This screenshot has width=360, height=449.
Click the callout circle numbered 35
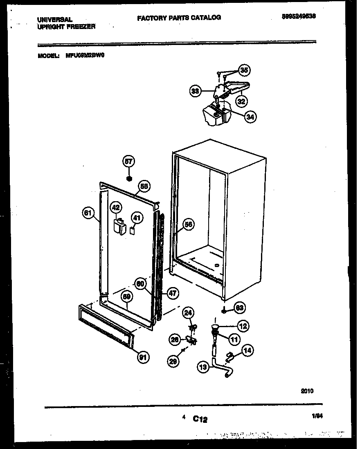pos(244,70)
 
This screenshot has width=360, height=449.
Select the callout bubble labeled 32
pos(242,100)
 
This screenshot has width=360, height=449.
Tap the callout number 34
pos(250,117)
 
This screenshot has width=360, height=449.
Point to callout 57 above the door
pos(129,162)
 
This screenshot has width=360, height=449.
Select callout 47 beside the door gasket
pos(173,293)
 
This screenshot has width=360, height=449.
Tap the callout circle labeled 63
pos(240,307)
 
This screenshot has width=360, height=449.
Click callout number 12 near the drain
pos(243,326)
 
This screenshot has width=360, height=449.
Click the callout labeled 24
pos(188,314)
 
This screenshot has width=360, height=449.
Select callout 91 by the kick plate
pos(143,357)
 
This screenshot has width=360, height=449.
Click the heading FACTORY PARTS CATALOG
pos(179,18)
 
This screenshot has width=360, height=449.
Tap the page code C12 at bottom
pos(200,419)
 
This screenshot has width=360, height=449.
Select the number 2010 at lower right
pos(307,391)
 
